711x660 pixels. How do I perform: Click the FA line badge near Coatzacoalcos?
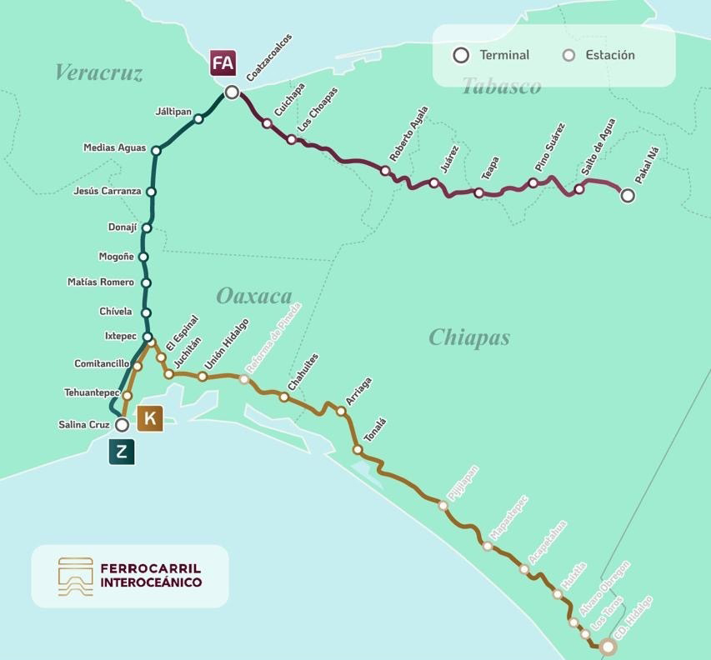coord(223,63)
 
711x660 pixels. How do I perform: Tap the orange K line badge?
coord(150,418)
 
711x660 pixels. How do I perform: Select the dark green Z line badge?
coord(122,452)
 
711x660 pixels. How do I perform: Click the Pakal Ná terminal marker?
coord(628,196)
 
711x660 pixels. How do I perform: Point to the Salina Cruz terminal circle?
coord(122,425)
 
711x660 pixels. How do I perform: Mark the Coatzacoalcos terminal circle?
coord(232,92)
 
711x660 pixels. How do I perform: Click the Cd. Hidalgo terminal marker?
coord(608,647)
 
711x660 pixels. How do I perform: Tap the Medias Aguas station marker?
coord(156,150)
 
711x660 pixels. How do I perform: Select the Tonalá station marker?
coord(358,450)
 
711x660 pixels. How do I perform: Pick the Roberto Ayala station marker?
coord(385,171)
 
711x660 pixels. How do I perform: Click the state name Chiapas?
coord(468,337)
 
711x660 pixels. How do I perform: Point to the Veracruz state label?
coord(98,72)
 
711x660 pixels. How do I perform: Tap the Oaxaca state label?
coord(253,296)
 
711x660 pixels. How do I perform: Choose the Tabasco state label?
coord(501,87)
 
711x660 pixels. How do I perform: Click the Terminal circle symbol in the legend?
coord(461,55)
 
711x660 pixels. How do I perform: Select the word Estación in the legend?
coord(609,55)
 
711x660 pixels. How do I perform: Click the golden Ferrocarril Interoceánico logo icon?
coord(76,577)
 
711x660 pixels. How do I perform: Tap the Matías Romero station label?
coord(100,282)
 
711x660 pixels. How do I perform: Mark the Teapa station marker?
coord(478,192)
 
